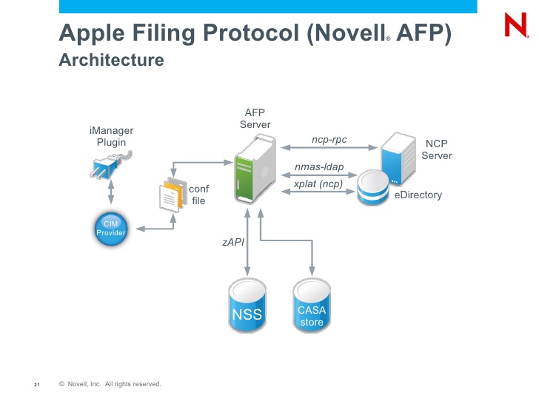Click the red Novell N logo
pos(516,24)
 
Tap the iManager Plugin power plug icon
pos(111,165)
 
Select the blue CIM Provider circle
pos(111,229)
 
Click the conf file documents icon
pos(173,195)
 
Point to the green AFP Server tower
pos(255,169)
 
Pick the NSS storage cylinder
pos(247,305)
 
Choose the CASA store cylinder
pos(312,305)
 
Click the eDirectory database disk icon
pos(373,188)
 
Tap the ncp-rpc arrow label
pos(329,139)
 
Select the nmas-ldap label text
pos(319,167)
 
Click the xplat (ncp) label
pos(318,184)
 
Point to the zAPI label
pos(233,242)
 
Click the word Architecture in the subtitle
pos(111,60)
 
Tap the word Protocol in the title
pos(251,33)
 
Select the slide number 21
pos(37,385)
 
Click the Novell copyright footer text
pos(110,384)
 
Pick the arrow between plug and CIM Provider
pos(111,192)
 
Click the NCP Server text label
pos(437,149)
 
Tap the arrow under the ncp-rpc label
pos(329,147)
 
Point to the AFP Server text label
pos(255,118)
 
